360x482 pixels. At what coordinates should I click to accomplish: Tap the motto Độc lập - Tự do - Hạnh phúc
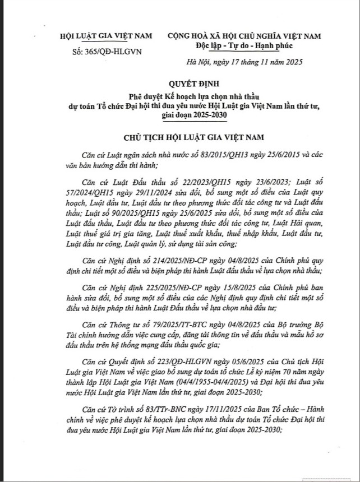pos(244,45)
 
